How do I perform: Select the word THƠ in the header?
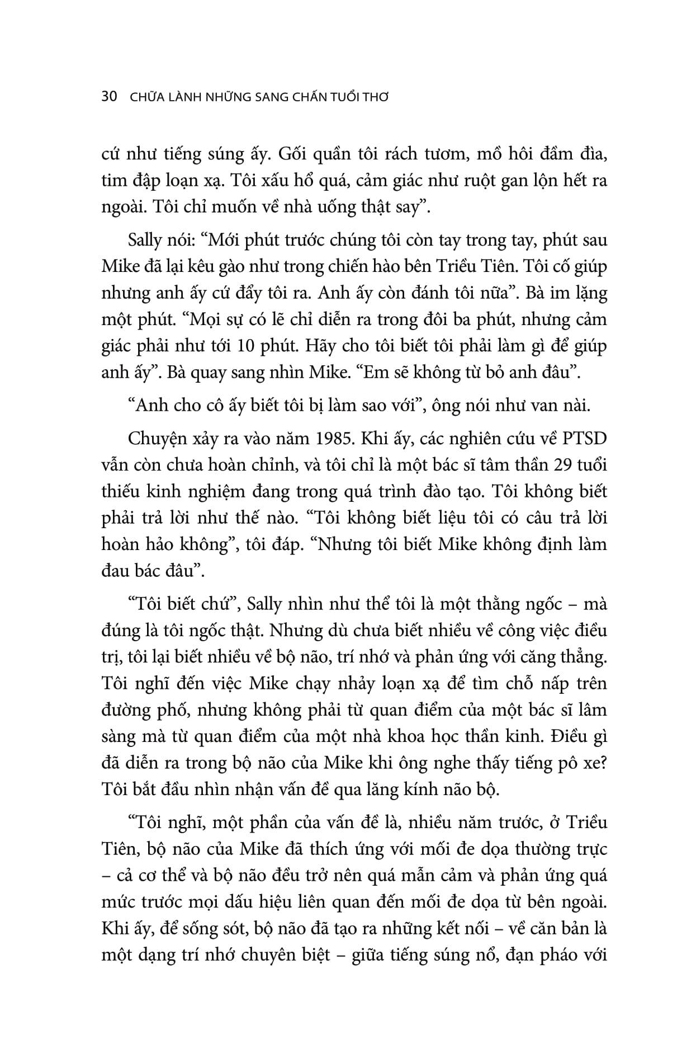point(376,97)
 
